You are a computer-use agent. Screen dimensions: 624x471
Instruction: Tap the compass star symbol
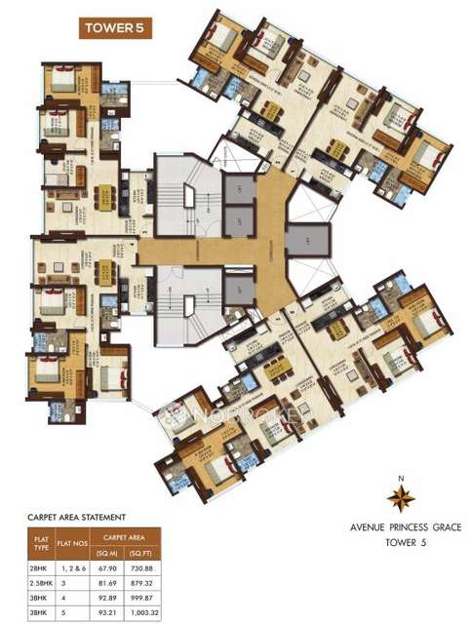[x=400, y=499]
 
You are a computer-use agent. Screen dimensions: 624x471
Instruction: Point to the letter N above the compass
[x=400, y=478]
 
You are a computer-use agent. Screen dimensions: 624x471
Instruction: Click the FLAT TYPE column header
[x=39, y=542]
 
